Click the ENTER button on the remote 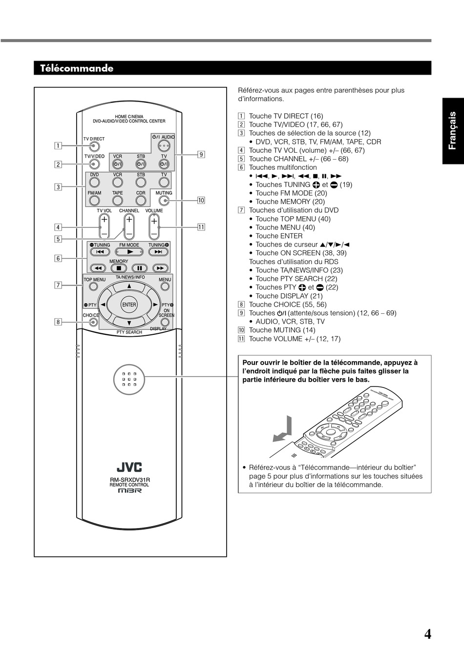pos(129,305)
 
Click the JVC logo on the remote pos(129,468)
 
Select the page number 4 pos(427,634)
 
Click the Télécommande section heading pos(77,68)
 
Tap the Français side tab pos(453,130)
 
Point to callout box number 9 pos(201,155)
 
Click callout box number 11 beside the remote pos(201,226)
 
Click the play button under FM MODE pos(129,252)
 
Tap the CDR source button pos(141,200)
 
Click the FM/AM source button pos(94,200)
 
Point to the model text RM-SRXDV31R pos(129,480)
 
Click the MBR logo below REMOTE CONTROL pos(129,491)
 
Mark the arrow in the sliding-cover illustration pos(283,429)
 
